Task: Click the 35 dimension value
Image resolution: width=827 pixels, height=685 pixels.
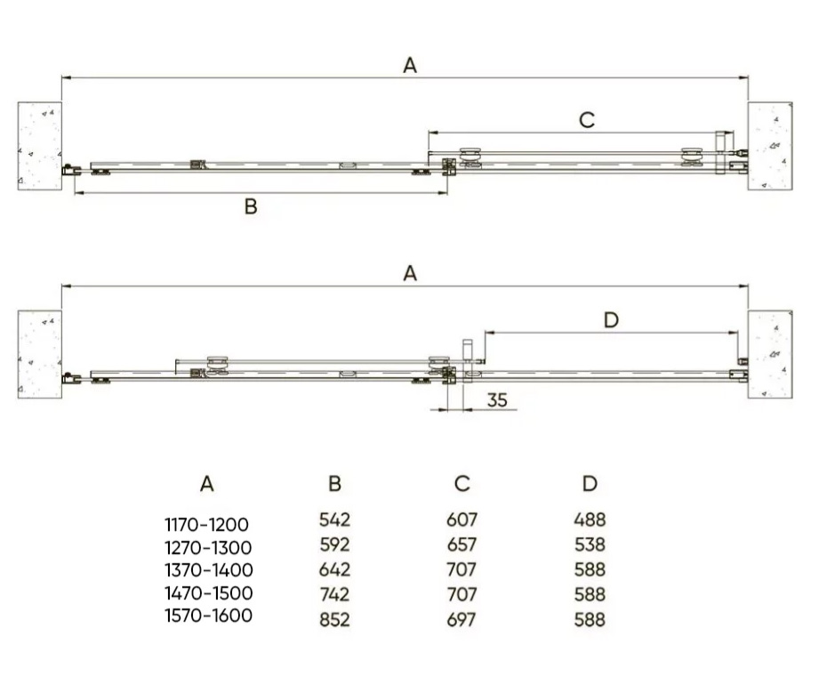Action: tap(497, 400)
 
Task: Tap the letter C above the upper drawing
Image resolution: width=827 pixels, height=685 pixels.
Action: tap(587, 120)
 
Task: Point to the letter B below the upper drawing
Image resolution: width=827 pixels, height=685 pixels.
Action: tap(251, 205)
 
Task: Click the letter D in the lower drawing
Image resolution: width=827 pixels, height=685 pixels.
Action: tap(611, 319)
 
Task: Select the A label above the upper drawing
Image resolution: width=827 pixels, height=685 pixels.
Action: tap(410, 66)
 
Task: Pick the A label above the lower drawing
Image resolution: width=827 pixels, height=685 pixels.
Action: tap(410, 273)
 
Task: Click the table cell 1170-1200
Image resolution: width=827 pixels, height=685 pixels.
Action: tap(206, 525)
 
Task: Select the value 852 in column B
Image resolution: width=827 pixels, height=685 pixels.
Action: tap(334, 619)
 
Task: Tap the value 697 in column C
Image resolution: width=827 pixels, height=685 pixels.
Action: tap(461, 619)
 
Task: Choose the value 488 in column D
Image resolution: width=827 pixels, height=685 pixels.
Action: tap(590, 520)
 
